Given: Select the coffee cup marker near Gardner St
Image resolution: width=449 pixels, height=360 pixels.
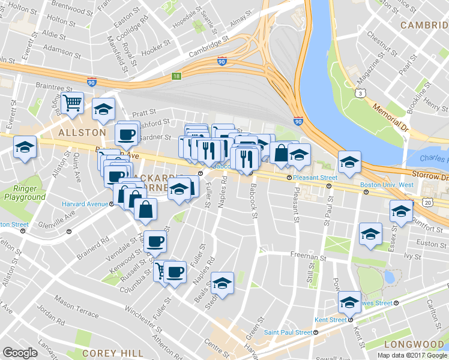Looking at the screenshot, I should (x=127, y=134).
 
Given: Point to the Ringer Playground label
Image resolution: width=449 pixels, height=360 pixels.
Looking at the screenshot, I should (x=25, y=193).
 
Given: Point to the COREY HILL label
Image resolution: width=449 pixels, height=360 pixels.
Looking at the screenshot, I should (x=113, y=353).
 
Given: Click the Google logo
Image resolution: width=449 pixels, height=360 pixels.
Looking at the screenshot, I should (x=20, y=353).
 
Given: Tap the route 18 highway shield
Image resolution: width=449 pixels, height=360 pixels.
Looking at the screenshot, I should (x=175, y=76).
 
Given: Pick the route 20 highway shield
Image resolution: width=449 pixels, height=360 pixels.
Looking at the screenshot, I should (x=427, y=203).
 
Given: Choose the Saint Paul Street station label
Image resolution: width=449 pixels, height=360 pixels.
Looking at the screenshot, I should (x=288, y=332).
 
